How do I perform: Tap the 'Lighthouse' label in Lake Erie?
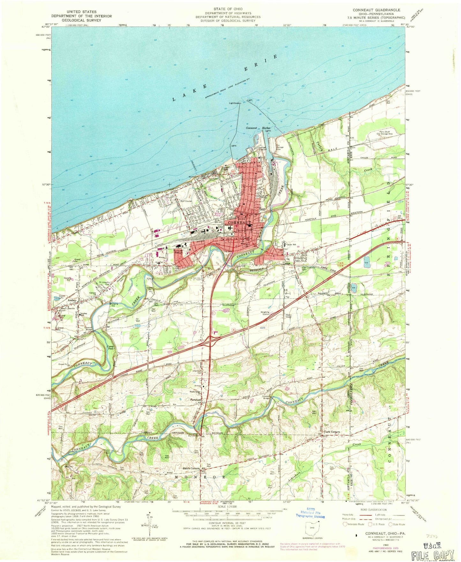point(234,103)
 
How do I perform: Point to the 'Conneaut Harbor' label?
point(258,128)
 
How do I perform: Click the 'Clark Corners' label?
point(332,432)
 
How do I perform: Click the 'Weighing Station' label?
point(265,313)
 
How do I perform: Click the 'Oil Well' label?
point(138,320)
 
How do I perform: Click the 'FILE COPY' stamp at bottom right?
point(433,555)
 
